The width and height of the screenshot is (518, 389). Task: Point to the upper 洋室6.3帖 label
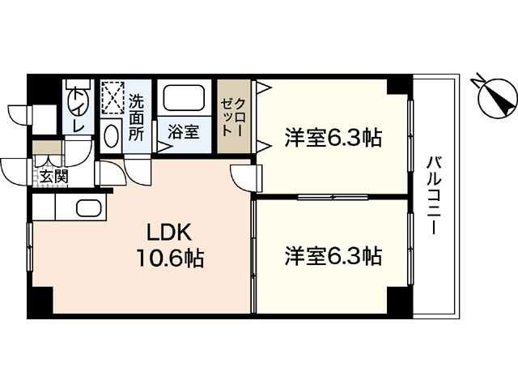coord(333,138)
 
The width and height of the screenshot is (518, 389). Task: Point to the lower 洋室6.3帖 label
coord(333,256)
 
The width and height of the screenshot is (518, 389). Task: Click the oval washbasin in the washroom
coord(113,135)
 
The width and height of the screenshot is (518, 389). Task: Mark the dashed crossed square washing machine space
coord(111,98)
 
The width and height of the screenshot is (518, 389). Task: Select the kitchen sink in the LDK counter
coord(87,207)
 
